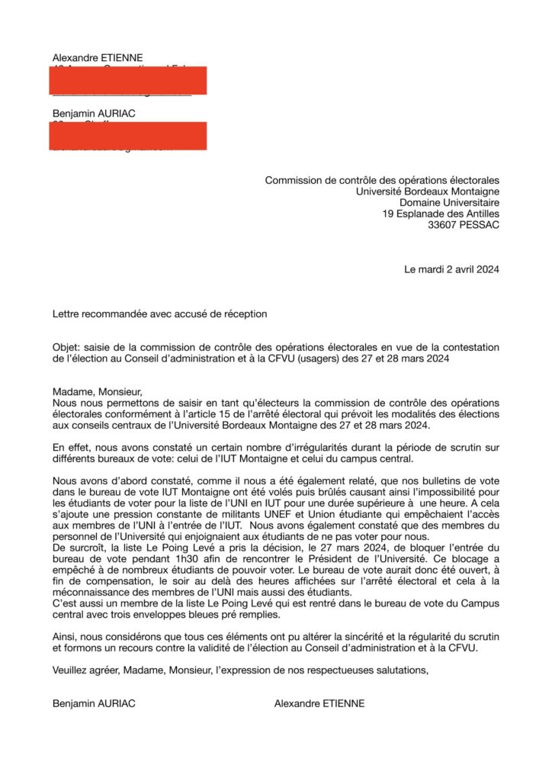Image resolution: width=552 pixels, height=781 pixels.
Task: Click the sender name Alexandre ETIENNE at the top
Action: point(98,58)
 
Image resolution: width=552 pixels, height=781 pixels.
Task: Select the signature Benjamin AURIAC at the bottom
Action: point(94,703)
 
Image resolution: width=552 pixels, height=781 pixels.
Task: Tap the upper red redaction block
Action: point(127,80)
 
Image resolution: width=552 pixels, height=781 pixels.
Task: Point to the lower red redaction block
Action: point(127,135)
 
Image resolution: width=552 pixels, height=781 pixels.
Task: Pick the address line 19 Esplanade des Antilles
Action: point(441,214)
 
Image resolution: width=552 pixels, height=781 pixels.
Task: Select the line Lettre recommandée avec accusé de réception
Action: point(160,313)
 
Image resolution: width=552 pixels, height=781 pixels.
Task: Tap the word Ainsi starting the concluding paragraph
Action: point(66,636)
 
